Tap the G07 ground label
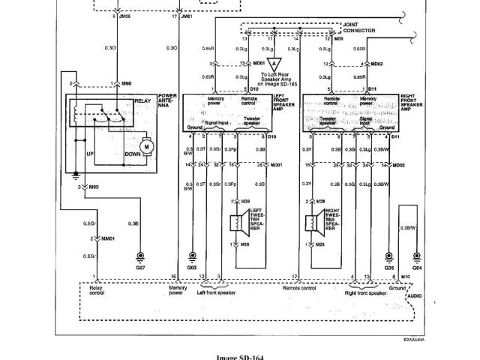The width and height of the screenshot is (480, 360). (x=139, y=265)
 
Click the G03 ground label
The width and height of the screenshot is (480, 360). (x=191, y=265)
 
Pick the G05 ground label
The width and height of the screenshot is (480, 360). (x=389, y=265)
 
